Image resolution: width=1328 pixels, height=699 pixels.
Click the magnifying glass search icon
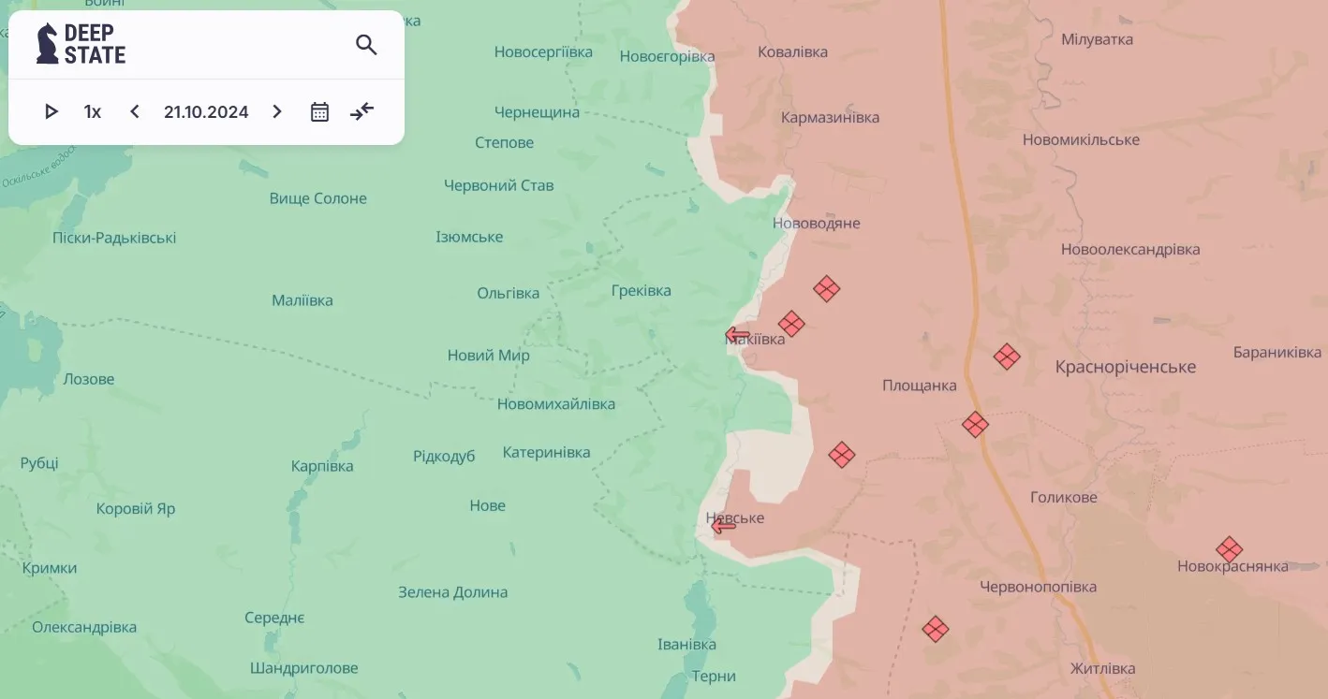coord(366,45)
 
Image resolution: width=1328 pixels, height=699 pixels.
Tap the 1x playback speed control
coord(92,112)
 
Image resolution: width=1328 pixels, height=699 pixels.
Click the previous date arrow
coord(135,112)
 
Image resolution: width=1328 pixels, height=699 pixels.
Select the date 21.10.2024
coord(206,112)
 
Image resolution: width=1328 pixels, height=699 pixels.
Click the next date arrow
coord(277,112)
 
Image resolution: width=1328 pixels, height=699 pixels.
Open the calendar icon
coord(319,112)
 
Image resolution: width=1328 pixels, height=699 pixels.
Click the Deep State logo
coord(81,44)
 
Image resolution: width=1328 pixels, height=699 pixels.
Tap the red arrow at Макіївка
coord(737,335)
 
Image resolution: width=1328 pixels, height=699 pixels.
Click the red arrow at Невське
coord(723,527)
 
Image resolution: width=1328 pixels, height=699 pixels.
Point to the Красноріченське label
coord(1126,367)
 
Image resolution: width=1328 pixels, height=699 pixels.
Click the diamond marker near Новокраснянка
coord(1229,549)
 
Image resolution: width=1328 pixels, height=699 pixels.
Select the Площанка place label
coord(919,386)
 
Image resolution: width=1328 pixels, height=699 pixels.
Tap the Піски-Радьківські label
coord(114,238)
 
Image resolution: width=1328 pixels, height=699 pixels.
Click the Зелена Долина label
coord(452,592)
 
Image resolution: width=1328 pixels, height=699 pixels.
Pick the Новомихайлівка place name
coord(556,404)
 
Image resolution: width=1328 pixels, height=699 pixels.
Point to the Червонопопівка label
coord(1038,588)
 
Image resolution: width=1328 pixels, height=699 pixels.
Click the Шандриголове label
coord(303,668)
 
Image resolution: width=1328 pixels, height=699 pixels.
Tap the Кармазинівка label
coord(830,118)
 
